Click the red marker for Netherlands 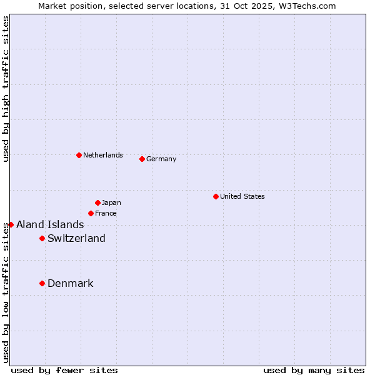coord(79,155)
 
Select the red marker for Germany coord(142,159)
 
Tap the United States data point coord(216,196)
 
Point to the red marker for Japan coord(97,202)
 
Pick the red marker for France coord(91,213)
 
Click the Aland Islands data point coord(11,224)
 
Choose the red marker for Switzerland coord(42,238)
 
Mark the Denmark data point coord(42,283)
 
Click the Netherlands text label coord(102,155)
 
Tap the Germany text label coord(161,159)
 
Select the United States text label coord(242,196)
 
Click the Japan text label coord(111,202)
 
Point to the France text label coord(106,213)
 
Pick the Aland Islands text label coord(50,224)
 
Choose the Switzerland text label coord(76,238)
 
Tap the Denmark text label coord(70,283)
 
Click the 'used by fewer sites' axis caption coord(64,370)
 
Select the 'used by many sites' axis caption coord(314,370)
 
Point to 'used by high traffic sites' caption coord(6,89)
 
